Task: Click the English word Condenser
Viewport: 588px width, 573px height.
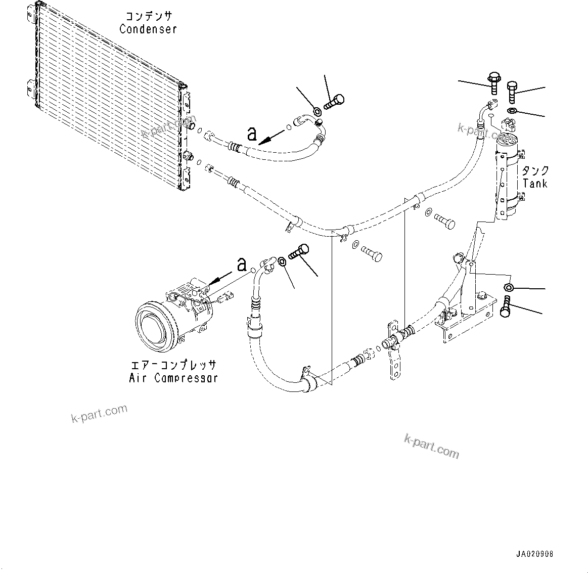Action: click(x=148, y=29)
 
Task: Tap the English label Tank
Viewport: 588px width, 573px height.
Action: click(x=535, y=183)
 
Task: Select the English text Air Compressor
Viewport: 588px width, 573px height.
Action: click(x=173, y=378)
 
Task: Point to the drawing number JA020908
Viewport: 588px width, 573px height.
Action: click(x=534, y=554)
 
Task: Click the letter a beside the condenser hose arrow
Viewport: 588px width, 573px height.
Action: click(x=251, y=134)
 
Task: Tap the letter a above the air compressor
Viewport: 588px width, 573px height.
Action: click(x=242, y=264)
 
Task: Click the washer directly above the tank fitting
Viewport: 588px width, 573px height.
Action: click(x=512, y=111)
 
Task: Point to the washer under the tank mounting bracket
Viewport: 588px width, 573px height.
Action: click(x=509, y=288)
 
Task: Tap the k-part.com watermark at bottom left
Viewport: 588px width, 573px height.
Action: click(x=99, y=414)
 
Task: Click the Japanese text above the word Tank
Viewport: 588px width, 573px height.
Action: click(x=535, y=171)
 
